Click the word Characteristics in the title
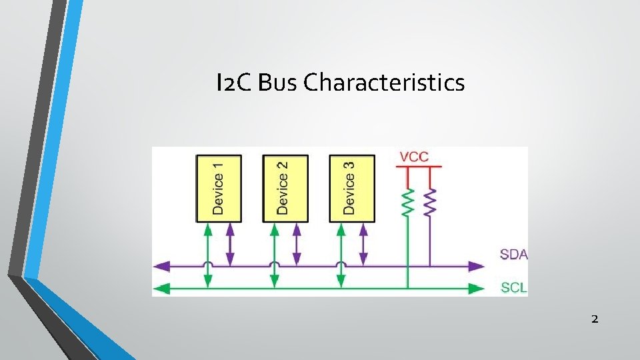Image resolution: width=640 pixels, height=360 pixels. [x=384, y=83]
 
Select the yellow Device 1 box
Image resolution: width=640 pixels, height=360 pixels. [x=219, y=188]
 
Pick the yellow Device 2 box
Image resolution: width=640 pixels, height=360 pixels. [x=285, y=188]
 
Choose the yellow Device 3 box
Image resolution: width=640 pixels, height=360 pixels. [x=352, y=188]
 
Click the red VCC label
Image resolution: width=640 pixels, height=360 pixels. [x=414, y=157]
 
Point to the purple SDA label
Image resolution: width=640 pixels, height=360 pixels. [x=514, y=255]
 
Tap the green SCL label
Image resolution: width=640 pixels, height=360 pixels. [x=514, y=289]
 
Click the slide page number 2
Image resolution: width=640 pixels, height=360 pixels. [x=595, y=319]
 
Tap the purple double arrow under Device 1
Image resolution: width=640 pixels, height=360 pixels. [x=230, y=243]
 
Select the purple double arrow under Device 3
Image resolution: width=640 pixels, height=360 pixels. [x=363, y=243]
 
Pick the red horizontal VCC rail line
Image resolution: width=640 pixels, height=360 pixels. [x=419, y=167]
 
